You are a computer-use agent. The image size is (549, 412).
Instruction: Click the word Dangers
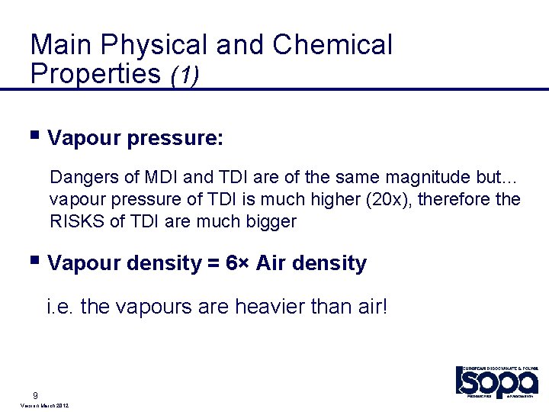pyautogui.click(x=84, y=177)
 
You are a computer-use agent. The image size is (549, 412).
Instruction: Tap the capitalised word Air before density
pyautogui.click(x=270, y=264)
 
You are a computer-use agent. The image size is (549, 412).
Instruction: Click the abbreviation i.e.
pyautogui.click(x=60, y=307)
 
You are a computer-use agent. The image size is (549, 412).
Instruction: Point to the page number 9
pyautogui.click(x=36, y=395)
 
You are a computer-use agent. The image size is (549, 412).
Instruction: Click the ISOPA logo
pyautogui.click(x=496, y=380)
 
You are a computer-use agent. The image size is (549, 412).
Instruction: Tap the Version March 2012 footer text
pyautogui.click(x=42, y=407)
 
